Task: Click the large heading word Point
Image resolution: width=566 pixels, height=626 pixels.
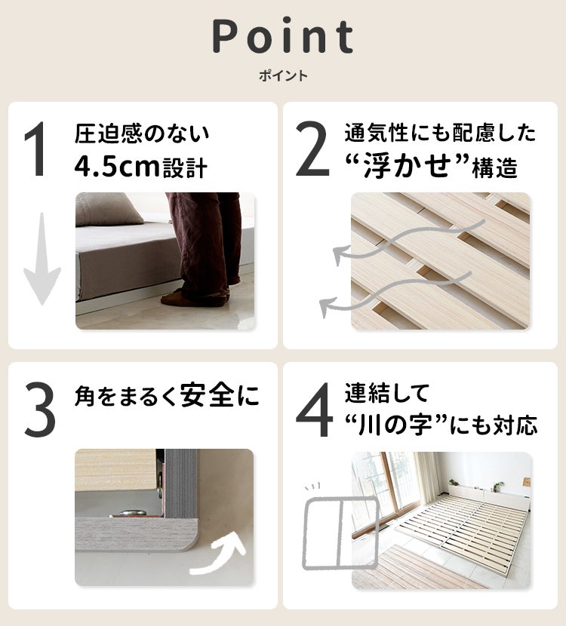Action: (x=283, y=36)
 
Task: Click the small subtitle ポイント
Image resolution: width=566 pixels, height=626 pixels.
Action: (x=283, y=76)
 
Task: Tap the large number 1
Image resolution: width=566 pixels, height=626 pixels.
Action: (x=38, y=151)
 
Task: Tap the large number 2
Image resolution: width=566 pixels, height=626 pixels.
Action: (x=312, y=151)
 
